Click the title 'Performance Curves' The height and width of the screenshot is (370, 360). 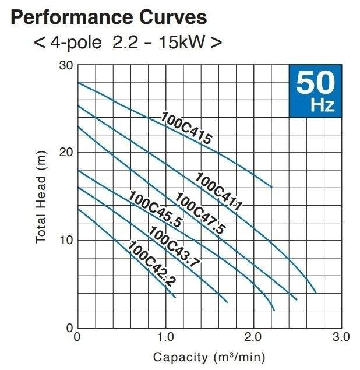[x=108, y=16]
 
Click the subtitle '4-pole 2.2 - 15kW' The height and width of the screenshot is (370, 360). [x=128, y=43]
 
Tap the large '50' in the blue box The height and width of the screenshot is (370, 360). [x=315, y=84]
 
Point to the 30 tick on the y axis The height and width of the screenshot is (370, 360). [x=66, y=65]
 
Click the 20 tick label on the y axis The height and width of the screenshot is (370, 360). [x=66, y=153]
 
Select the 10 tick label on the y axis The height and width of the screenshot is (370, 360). [x=66, y=240]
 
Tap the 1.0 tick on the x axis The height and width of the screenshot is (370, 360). [x=165, y=337]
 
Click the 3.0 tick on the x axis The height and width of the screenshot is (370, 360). [x=341, y=337]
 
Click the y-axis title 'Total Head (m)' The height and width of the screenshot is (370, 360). [x=41, y=198]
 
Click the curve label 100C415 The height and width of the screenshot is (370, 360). [x=186, y=128]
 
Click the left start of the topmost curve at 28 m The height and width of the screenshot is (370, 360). [x=78, y=83]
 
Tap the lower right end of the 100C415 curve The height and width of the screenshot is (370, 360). [x=271, y=186]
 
